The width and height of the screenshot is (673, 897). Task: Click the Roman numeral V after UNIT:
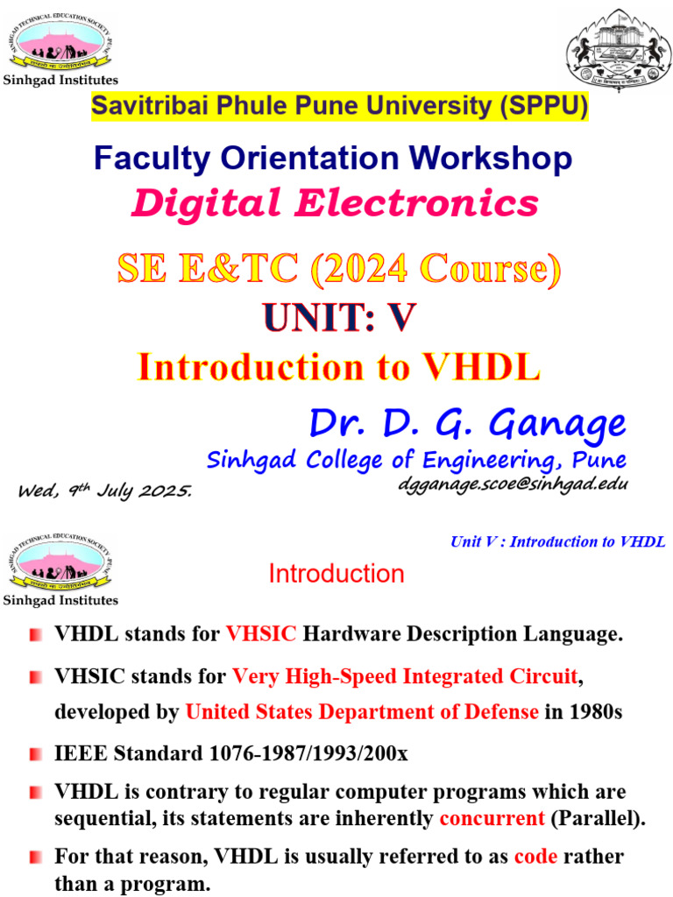point(400,318)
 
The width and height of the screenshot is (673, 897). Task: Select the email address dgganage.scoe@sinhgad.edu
point(513,483)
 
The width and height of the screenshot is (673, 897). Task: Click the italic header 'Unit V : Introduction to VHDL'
point(557,541)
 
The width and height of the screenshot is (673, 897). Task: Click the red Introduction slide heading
point(336,574)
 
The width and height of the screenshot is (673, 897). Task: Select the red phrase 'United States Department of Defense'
point(362,712)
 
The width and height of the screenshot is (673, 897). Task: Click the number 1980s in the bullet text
point(595,712)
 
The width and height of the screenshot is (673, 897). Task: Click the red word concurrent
point(492,818)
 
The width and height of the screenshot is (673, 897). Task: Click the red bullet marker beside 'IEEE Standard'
point(35,754)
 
